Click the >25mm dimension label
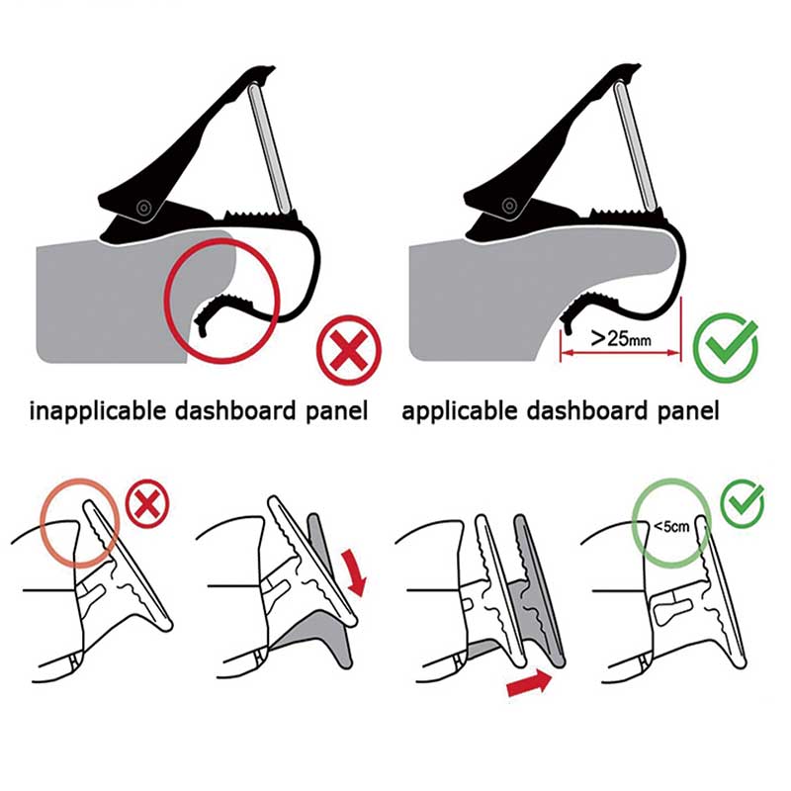[621, 337]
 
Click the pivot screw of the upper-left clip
[144, 208]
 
